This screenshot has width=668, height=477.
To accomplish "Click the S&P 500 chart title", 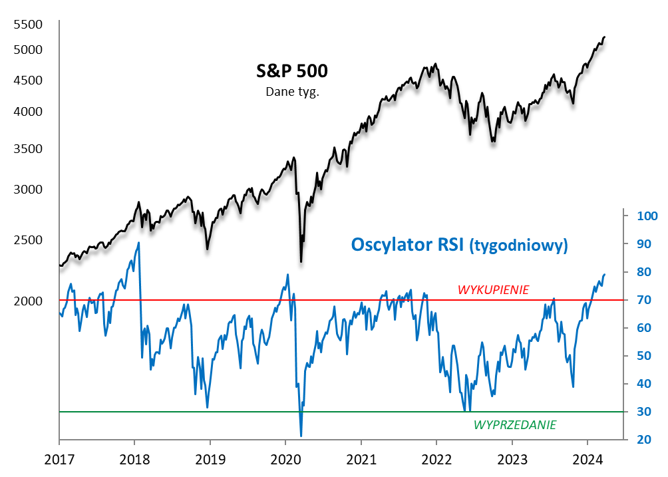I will tap(292, 71).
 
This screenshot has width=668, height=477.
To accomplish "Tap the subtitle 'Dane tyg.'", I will tap(292, 92).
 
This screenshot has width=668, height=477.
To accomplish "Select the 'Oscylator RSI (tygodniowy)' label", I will tap(459, 245).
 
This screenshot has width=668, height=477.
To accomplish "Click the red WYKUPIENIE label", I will tap(493, 289).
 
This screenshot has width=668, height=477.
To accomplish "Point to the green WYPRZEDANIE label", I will tap(515, 424).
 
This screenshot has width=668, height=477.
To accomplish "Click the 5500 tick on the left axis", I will tap(28, 25).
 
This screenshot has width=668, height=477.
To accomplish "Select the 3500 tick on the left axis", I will tap(28, 148).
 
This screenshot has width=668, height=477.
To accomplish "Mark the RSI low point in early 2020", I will tap(301, 436).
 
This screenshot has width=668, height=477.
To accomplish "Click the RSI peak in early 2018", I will tap(138, 242).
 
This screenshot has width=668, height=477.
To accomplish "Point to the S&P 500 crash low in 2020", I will tap(301, 261).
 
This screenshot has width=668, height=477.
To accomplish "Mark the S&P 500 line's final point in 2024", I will tap(604, 37).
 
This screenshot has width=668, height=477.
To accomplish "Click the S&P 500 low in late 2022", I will tap(493, 141).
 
